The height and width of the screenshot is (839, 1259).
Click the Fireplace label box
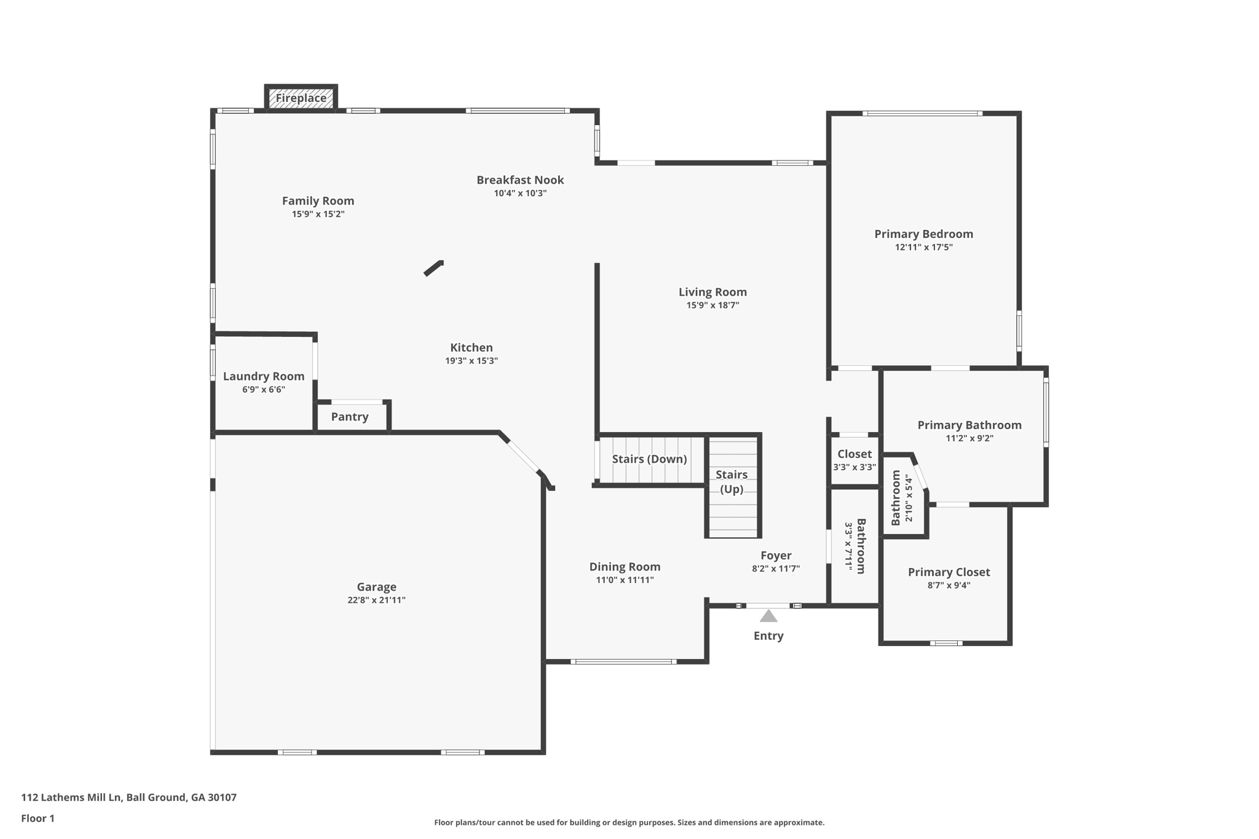301,98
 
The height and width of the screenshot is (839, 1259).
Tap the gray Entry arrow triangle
768,616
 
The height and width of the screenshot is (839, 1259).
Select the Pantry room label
350,417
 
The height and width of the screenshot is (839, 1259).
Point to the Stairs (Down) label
649,459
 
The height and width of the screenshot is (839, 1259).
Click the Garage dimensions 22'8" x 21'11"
376,600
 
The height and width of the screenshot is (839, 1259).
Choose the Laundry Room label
263,376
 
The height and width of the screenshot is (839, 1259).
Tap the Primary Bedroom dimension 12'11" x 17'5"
923,247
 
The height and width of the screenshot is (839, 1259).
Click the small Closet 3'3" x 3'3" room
854,460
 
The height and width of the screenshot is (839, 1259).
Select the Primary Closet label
949,572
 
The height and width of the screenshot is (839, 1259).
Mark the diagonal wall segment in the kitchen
433,268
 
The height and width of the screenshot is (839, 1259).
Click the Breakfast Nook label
520,180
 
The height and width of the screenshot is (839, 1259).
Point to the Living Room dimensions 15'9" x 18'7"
712,305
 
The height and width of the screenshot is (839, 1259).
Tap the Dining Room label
625,567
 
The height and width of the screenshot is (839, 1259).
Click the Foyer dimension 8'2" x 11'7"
775,569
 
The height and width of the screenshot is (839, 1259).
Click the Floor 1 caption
37,818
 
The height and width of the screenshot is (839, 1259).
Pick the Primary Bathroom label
969,425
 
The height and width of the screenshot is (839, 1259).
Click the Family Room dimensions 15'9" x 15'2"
318,214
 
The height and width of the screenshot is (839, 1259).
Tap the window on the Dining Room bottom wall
623,661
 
